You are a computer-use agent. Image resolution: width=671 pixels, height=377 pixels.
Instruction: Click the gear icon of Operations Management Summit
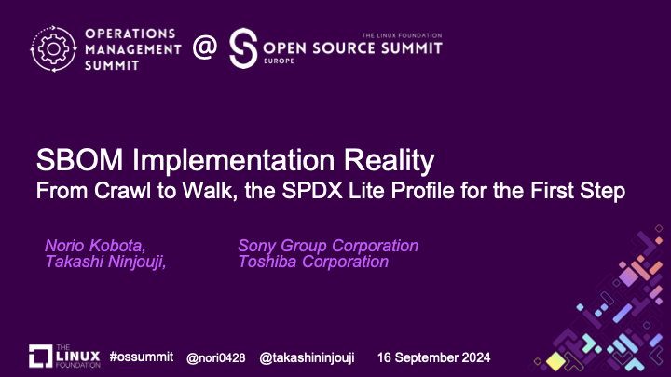pyautogui.click(x=53, y=48)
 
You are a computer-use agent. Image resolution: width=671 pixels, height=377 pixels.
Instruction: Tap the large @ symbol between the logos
pyautogui.click(x=204, y=47)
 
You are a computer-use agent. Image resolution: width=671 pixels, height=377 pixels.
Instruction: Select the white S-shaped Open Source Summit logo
pyautogui.click(x=243, y=48)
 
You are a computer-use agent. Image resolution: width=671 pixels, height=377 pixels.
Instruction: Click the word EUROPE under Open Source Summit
pyautogui.click(x=279, y=61)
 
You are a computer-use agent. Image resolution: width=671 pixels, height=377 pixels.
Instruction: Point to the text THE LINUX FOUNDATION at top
pyautogui.click(x=402, y=35)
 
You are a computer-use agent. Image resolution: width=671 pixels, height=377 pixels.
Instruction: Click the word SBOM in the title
pyautogui.click(x=79, y=160)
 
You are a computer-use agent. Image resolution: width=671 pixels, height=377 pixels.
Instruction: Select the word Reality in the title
pyautogui.click(x=389, y=161)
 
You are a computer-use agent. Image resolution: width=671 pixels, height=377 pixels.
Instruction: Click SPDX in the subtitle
pyautogui.click(x=312, y=191)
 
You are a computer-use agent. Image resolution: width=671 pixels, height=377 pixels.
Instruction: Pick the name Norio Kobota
pyautogui.click(x=95, y=246)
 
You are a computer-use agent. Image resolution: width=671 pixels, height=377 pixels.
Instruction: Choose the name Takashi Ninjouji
pyautogui.click(x=105, y=262)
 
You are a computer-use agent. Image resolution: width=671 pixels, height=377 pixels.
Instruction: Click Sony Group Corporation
pyautogui.click(x=328, y=246)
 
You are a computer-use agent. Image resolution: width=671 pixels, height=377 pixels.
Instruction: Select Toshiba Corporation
pyautogui.click(x=313, y=262)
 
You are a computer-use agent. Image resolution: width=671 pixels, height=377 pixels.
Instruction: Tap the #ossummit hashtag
pyautogui.click(x=142, y=357)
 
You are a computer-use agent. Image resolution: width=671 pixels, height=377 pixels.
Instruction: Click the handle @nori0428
pyautogui.click(x=215, y=357)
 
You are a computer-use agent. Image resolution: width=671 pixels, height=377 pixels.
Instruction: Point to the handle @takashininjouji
pyautogui.click(x=307, y=357)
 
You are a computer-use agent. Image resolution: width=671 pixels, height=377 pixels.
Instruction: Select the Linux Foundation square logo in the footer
pyautogui.click(x=40, y=356)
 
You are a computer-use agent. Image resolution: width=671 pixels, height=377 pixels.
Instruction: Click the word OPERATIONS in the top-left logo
pyautogui.click(x=130, y=34)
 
